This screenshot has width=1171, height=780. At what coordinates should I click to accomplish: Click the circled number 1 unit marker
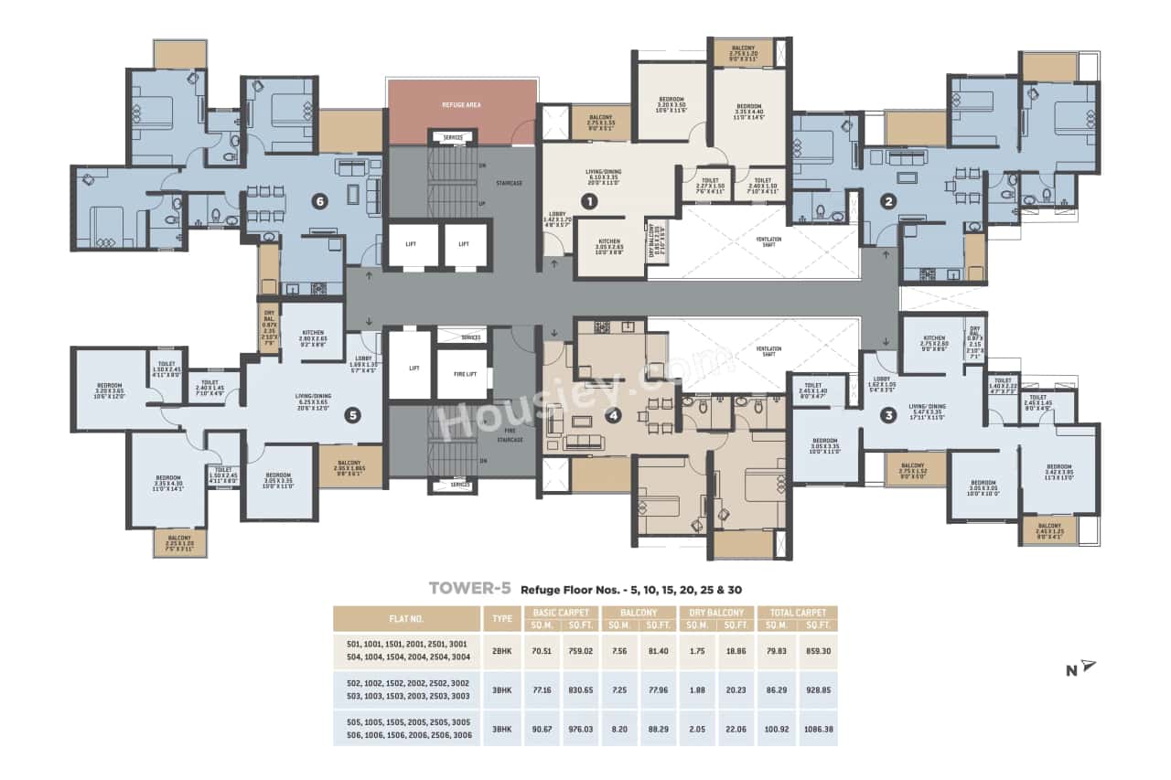591,199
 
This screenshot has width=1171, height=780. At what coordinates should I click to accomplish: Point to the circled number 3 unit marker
886,414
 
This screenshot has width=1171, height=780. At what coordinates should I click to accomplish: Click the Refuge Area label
461,105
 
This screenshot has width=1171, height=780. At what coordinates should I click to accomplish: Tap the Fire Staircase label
510,435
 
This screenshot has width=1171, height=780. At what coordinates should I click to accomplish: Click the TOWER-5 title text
469,588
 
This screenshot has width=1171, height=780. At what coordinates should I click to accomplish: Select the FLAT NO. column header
406,618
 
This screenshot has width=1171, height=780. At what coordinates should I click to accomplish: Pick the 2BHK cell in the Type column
502,652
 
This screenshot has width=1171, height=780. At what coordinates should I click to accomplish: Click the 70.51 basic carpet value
542,652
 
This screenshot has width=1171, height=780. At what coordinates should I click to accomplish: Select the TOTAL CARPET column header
797,612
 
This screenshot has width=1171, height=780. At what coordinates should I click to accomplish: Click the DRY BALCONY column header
716,612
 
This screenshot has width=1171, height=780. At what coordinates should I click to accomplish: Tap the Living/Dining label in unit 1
604,175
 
